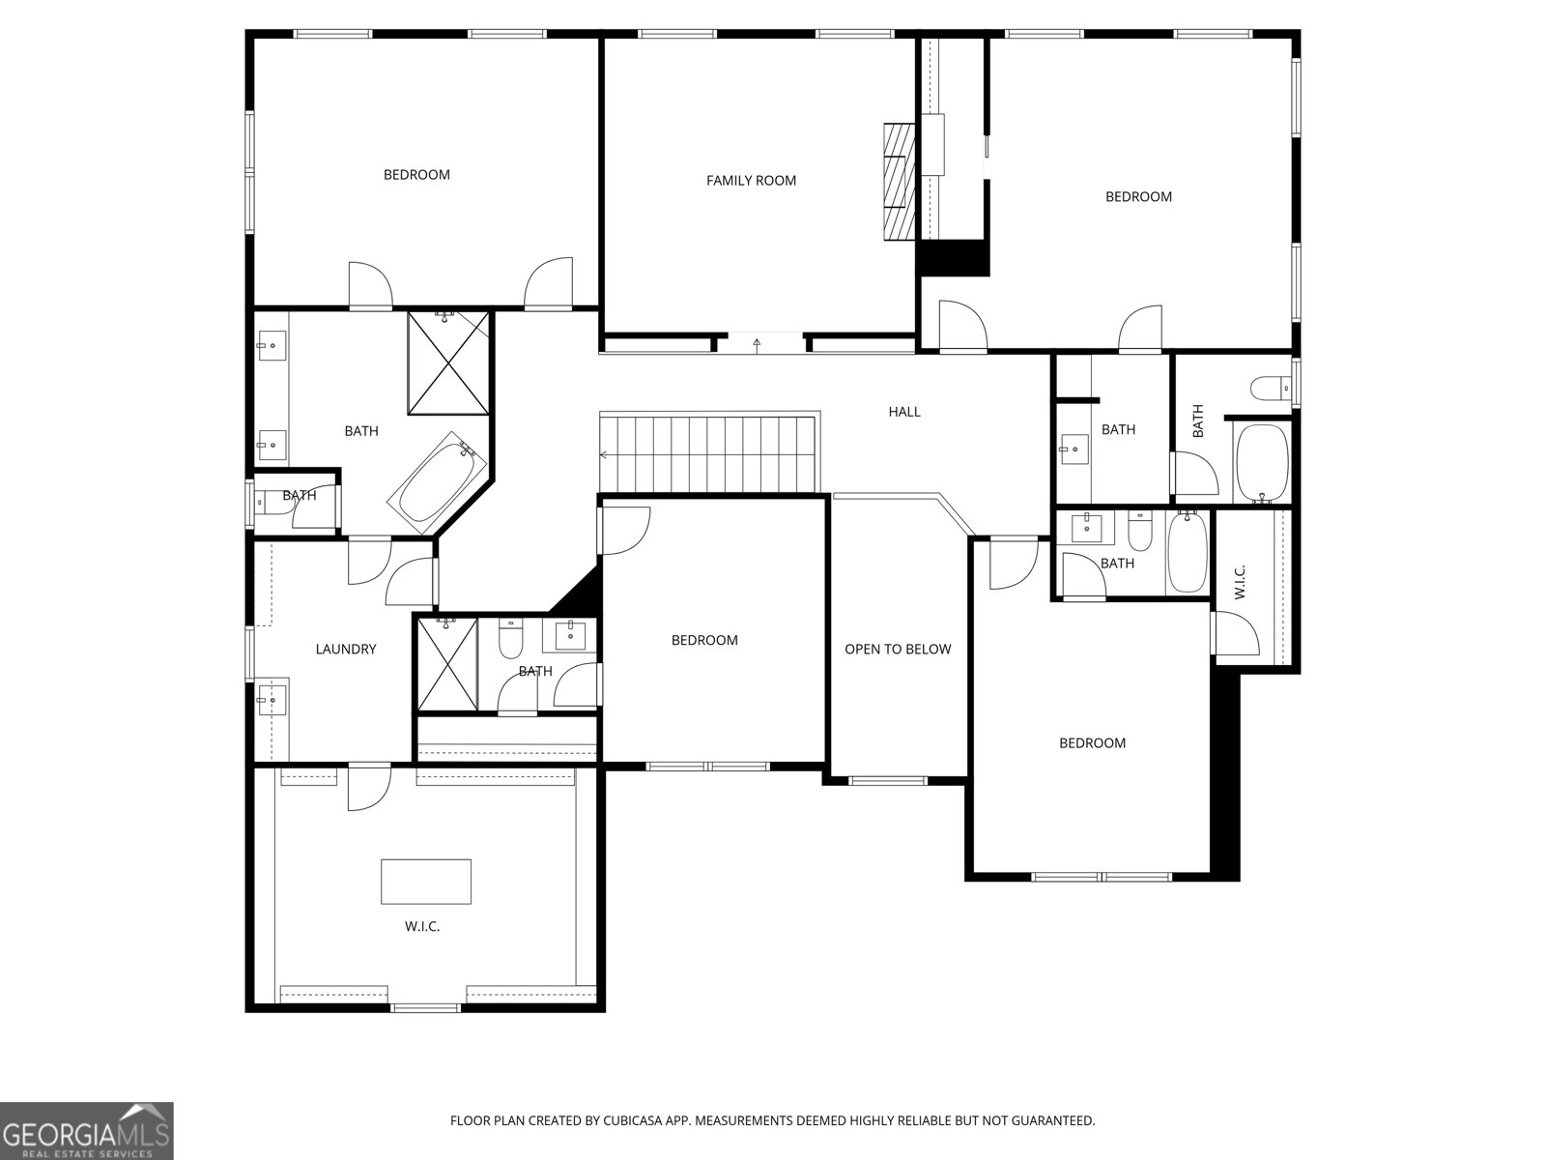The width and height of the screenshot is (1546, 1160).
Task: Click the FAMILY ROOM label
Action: (751, 181)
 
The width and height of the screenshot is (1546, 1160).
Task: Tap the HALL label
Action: (904, 412)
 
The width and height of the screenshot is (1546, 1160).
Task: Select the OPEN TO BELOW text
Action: (898, 650)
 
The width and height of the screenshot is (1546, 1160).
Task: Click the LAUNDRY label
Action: (345, 650)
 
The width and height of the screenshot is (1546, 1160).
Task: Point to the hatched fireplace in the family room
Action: (899, 181)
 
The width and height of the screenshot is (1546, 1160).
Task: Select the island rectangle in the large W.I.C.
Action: (426, 881)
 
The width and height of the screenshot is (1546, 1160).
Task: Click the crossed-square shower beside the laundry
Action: (446, 664)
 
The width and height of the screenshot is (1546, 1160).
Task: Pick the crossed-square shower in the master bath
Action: (447, 362)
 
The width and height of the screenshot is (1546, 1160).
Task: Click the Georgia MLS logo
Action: (87, 1130)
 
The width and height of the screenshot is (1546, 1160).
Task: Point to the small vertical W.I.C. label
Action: (1240, 581)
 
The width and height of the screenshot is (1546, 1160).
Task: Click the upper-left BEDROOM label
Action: (416, 175)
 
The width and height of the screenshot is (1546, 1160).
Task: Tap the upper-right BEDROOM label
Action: (1138, 197)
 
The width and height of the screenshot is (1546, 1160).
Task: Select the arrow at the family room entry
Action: (757, 342)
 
